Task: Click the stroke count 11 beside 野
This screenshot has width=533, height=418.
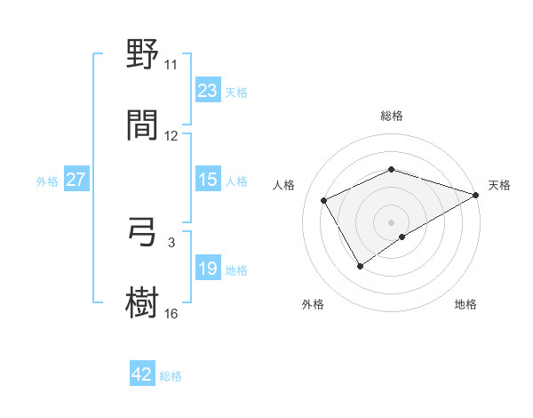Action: [171, 65]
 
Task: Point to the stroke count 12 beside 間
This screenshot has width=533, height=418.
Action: [171, 135]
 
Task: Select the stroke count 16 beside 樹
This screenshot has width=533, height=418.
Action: [171, 312]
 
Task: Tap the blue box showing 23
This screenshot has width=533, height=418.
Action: [208, 91]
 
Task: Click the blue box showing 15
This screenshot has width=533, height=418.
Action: [208, 180]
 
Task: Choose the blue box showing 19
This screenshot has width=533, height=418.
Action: [208, 269]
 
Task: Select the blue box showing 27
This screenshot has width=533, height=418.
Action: [76, 180]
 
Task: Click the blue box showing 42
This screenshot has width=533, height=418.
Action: [142, 374]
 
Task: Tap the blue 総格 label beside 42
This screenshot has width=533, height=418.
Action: [171, 376]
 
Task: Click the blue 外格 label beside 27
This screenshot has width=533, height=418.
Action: [47, 181]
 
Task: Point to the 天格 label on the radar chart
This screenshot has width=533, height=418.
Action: [499, 185]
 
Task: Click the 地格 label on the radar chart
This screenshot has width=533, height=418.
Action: [465, 304]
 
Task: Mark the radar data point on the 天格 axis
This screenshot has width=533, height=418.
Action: [476, 194]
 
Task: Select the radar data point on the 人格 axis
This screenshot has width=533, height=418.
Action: [324, 200]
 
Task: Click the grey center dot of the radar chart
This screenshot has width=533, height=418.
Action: [391, 221]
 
